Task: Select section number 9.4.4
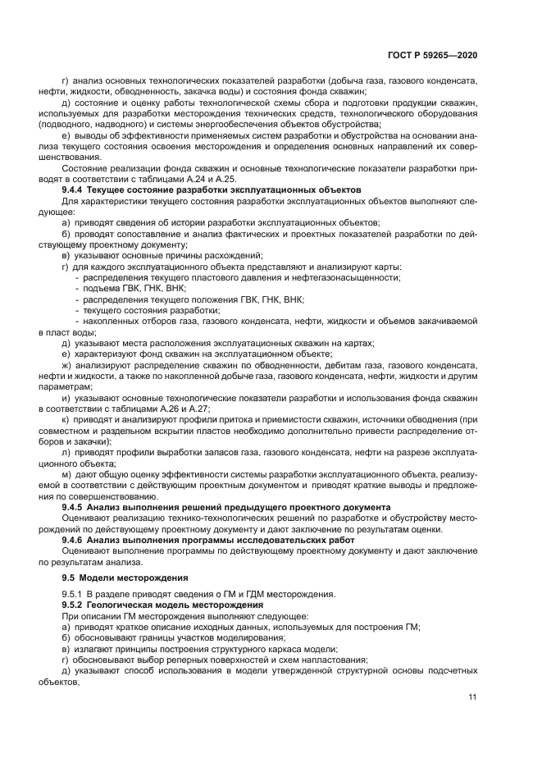[x=75, y=189]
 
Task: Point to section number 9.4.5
[x=75, y=509]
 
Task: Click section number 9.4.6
[x=75, y=541]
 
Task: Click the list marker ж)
[x=68, y=364]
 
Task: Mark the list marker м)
[x=67, y=476]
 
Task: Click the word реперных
[x=200, y=660]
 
